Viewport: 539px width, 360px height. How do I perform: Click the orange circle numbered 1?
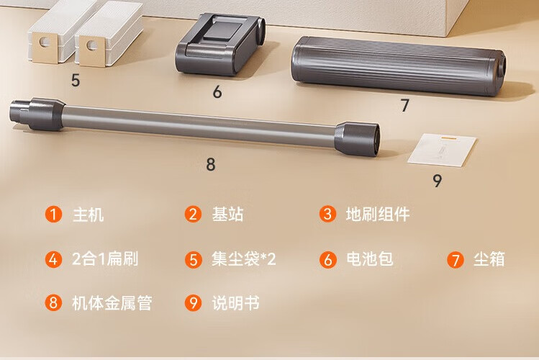point(53,214)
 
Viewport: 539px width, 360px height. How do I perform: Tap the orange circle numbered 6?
point(327,259)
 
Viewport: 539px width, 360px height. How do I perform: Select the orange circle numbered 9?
point(193,303)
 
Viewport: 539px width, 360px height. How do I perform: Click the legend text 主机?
point(88,215)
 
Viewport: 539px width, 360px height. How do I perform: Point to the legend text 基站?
point(227,215)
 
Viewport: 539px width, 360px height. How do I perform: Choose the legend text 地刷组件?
point(378,215)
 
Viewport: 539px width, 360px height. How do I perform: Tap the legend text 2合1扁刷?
point(105,259)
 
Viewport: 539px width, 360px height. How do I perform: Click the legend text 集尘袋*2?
point(244,259)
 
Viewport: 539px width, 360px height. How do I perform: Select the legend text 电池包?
point(370,259)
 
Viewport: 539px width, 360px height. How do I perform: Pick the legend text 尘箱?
point(489,259)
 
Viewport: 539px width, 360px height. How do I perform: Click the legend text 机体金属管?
point(112,303)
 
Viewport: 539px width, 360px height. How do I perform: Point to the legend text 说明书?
point(235,303)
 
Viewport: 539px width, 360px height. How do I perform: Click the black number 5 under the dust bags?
point(76,80)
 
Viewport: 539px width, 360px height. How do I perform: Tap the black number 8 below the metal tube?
point(211,164)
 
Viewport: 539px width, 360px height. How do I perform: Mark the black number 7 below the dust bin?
point(405,105)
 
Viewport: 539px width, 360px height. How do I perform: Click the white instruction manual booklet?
point(442,150)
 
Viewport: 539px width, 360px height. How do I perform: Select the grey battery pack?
point(220,44)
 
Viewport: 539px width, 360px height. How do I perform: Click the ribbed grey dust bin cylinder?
point(398,66)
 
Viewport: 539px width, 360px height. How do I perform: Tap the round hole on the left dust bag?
point(45,42)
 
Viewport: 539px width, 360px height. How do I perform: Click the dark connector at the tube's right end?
point(358,139)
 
